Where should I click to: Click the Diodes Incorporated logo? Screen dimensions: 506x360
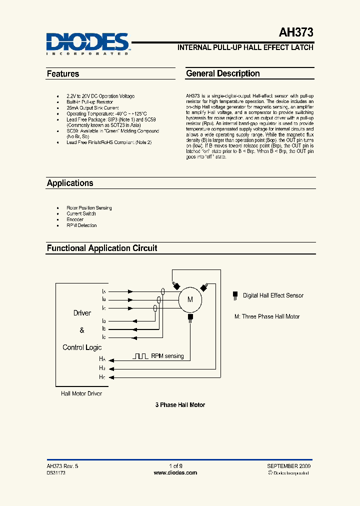(x=88, y=43)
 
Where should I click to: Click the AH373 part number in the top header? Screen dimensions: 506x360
(x=296, y=33)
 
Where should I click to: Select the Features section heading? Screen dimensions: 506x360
(x=63, y=74)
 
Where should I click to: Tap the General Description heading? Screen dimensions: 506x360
(x=223, y=73)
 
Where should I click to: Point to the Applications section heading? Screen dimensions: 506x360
(x=70, y=183)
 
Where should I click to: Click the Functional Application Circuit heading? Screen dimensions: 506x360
(x=102, y=248)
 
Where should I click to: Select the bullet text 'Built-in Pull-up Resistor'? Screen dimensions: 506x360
(x=90, y=102)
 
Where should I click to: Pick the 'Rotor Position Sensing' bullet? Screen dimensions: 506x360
(x=89, y=208)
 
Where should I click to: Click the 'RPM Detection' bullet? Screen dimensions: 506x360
(x=81, y=225)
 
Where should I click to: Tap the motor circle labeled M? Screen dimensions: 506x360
(x=190, y=299)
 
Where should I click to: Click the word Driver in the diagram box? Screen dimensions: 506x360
(x=82, y=313)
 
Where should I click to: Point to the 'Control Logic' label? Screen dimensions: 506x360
(x=82, y=347)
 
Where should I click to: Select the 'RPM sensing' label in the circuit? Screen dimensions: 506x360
(x=167, y=356)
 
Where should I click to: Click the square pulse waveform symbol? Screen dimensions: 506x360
(x=140, y=356)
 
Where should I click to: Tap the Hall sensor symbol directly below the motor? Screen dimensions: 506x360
(x=190, y=317)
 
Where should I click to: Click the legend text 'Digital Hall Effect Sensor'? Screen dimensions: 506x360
(x=273, y=295)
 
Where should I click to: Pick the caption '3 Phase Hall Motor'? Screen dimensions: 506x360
(x=180, y=405)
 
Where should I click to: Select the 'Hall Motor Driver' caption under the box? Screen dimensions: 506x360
(x=81, y=394)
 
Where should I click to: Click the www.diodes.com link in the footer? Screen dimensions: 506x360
(x=175, y=472)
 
